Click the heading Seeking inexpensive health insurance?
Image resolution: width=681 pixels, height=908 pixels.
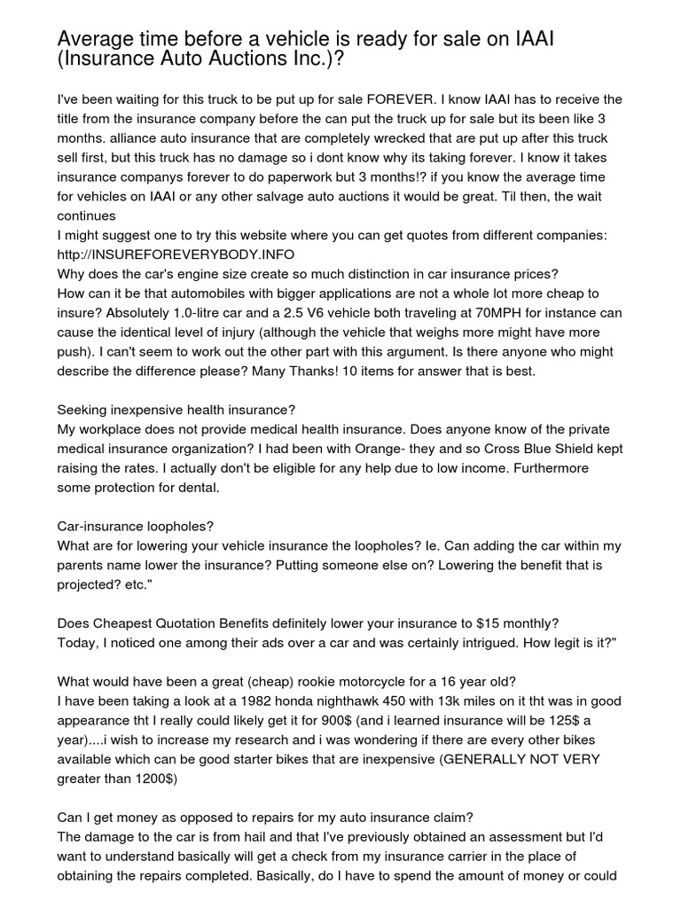pyautogui.click(x=176, y=410)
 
